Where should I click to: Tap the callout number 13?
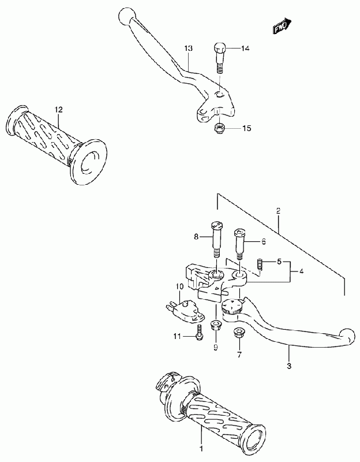[188, 49]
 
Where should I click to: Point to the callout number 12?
[58, 109]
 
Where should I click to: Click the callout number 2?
[278, 211]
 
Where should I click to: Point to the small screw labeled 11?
[198, 333]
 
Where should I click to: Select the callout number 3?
[290, 366]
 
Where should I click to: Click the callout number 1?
[201, 448]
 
